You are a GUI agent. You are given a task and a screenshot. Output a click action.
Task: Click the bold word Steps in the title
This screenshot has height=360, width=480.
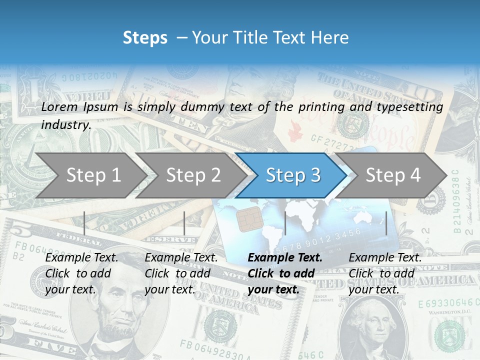pyautogui.click(x=145, y=38)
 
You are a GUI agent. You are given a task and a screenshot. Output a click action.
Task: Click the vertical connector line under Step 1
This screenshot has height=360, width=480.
pyautogui.click(x=84, y=223)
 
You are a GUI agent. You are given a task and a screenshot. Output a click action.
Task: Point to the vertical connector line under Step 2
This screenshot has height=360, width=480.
pyautogui.click(x=184, y=223)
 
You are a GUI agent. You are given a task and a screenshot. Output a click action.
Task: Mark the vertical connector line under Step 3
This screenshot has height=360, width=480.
pyautogui.click(x=285, y=223)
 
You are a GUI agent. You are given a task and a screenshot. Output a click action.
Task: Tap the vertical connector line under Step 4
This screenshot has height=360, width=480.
pyautogui.click(x=386, y=223)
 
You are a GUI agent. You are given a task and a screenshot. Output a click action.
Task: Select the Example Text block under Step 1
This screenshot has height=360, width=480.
pyautogui.click(x=81, y=273)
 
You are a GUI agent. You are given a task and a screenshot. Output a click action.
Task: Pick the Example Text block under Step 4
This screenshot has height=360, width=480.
pyautogui.click(x=385, y=273)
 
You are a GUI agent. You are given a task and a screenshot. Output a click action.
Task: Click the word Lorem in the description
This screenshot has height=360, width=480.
pyautogui.click(x=60, y=106)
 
